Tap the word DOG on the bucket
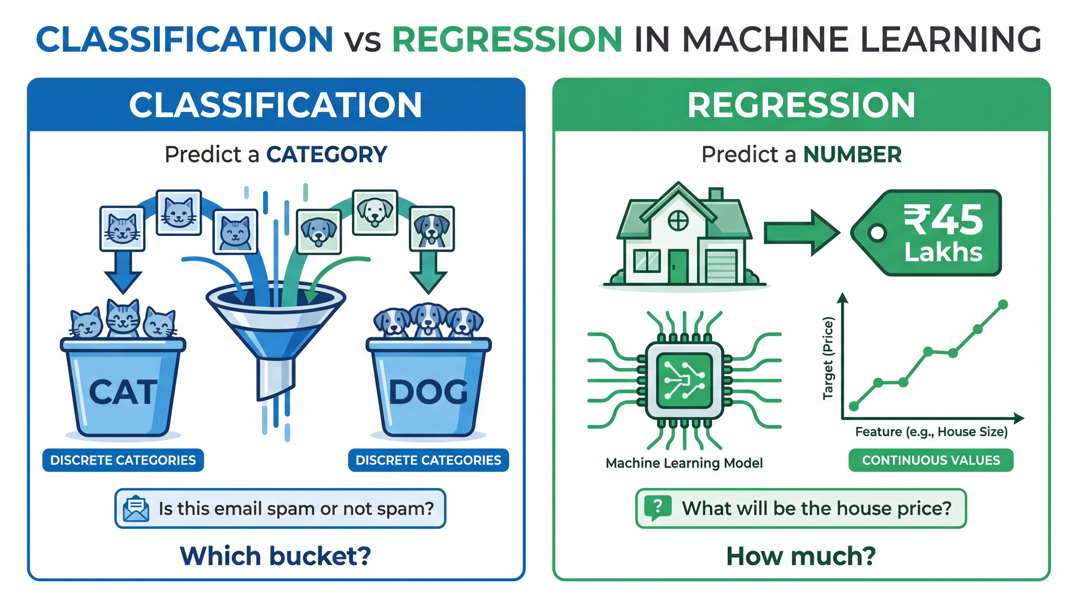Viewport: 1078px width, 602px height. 428,392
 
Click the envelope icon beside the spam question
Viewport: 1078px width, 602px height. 136,509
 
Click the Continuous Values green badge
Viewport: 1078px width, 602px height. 931,460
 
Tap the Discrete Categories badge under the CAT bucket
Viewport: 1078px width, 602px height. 123,460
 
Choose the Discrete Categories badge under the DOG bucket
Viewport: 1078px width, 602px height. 428,460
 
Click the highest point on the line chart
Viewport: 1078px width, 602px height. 1003,304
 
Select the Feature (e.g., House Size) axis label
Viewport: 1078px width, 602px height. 931,432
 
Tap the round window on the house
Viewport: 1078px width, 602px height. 678,220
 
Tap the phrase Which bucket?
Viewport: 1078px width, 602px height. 275,556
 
